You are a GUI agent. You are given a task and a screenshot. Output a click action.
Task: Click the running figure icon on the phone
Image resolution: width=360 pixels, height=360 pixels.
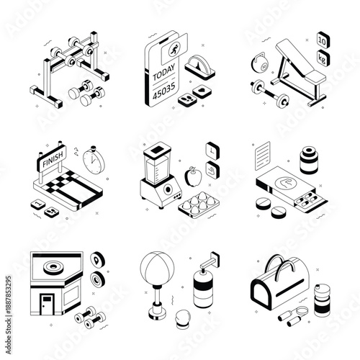point(173,51)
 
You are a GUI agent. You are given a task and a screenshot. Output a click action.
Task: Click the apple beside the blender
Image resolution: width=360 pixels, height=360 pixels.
point(192,174)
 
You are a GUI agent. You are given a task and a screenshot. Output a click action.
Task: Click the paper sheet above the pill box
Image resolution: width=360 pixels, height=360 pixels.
point(263,152)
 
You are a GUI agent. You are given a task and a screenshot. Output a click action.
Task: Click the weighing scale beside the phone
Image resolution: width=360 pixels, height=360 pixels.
point(201,70)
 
